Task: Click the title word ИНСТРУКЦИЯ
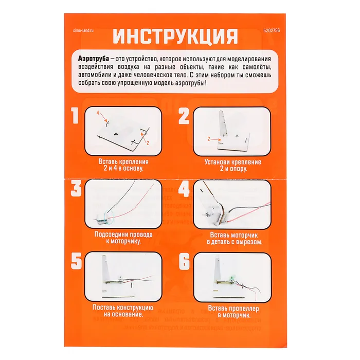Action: coord(175,37)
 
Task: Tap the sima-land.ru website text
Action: coord(83,30)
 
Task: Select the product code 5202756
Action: coord(272,30)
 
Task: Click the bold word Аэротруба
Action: coord(94,59)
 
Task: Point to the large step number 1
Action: coord(75,116)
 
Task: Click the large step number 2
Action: coord(184,116)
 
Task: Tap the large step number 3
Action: coord(76,189)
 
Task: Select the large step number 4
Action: coord(184,189)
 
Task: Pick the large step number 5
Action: coord(76,261)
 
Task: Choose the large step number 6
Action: coord(184,261)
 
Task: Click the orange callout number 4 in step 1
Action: coord(98,113)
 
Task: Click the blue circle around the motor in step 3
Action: coord(108,217)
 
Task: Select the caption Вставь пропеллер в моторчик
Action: coord(233,312)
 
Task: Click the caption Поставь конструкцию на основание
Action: coord(123,311)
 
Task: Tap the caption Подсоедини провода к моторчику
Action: coord(123,238)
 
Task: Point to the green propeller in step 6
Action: coord(232,279)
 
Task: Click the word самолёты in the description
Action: coord(257,67)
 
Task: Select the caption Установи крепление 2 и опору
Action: coord(233,165)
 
